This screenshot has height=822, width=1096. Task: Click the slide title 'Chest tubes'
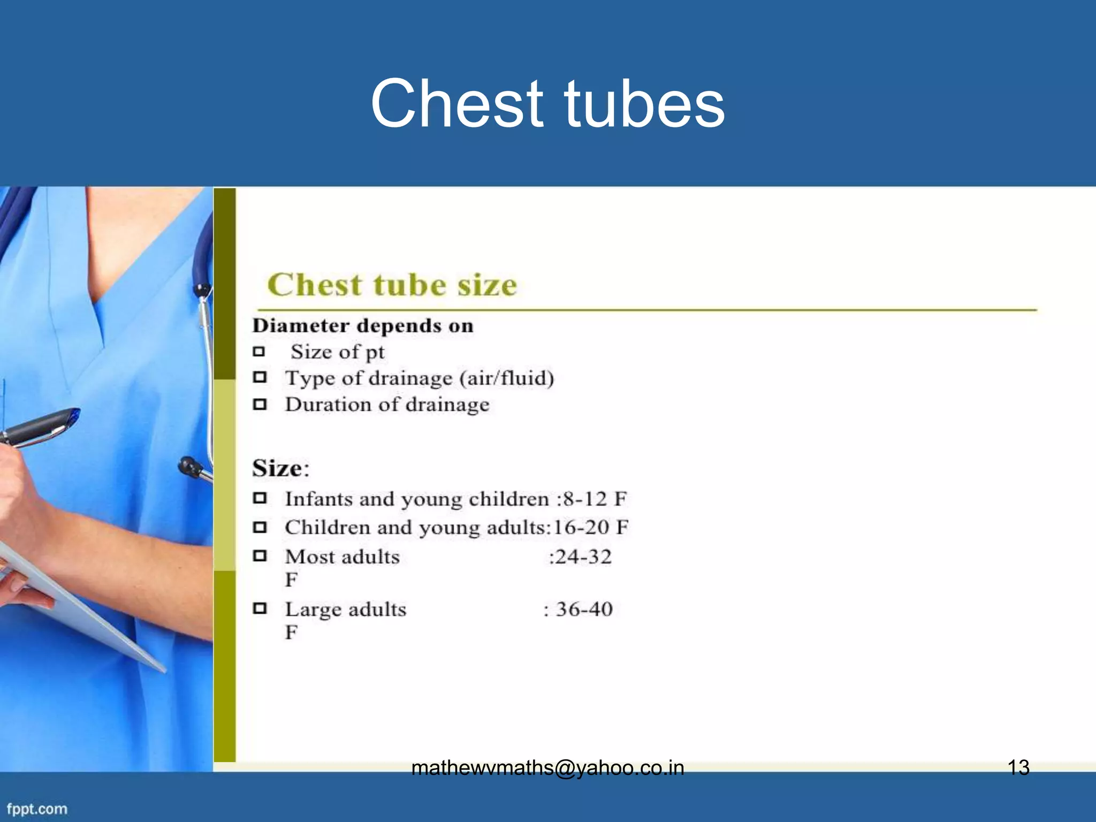pyautogui.click(x=547, y=103)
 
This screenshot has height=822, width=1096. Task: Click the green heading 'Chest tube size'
pyautogui.click(x=392, y=285)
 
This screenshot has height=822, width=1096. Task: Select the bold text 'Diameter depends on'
pyautogui.click(x=363, y=326)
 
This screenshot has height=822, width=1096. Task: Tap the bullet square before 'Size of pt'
pyautogui.click(x=260, y=352)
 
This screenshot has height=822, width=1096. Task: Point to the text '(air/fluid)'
pyautogui.click(x=507, y=378)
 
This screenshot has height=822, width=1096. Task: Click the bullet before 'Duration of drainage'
pyautogui.click(x=260, y=404)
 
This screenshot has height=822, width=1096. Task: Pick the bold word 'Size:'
pyautogui.click(x=280, y=469)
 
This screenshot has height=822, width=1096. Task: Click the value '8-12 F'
pyautogui.click(x=595, y=499)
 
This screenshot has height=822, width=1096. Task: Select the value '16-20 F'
pyautogui.click(x=590, y=528)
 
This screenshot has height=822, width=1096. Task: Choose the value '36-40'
pyautogui.click(x=584, y=609)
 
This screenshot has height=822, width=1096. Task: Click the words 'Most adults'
pyautogui.click(x=342, y=557)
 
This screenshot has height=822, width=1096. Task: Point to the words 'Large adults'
pyautogui.click(x=345, y=610)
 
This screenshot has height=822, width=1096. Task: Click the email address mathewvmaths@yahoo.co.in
pyautogui.click(x=547, y=768)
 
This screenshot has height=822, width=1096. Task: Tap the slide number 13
pyautogui.click(x=1018, y=768)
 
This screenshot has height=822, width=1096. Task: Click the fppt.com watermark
pyautogui.click(x=37, y=809)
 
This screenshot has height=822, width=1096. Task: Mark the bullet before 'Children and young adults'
pyautogui.click(x=260, y=528)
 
